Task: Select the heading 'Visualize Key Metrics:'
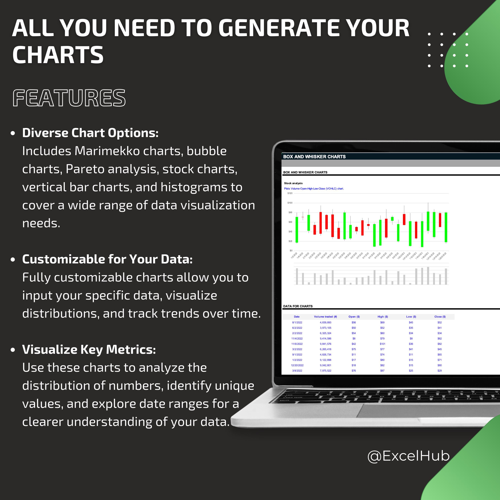[x=89, y=349]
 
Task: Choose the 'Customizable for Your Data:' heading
[x=107, y=259]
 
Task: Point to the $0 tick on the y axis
[x=291, y=250]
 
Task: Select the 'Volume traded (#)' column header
[x=325, y=316]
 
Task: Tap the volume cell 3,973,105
[x=325, y=328]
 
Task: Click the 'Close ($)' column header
[x=440, y=316]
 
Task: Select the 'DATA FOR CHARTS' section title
[x=298, y=306]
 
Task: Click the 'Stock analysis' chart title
[x=293, y=183]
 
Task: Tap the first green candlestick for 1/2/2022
[x=297, y=230]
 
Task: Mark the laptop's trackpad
[x=414, y=410]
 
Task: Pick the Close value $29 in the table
[x=439, y=371]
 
